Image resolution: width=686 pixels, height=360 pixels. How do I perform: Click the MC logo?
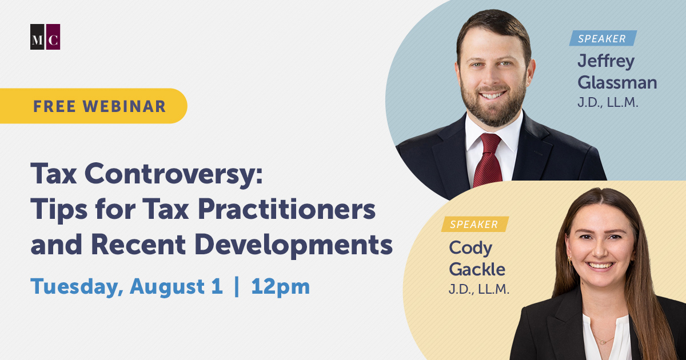click(x=45, y=37)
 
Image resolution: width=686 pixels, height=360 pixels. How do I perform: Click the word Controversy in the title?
click(x=174, y=174)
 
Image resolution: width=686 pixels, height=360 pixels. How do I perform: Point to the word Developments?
click(x=293, y=245)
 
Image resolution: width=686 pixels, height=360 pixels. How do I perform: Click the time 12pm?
click(x=280, y=287)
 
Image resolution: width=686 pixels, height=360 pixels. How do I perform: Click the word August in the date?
click(x=167, y=287)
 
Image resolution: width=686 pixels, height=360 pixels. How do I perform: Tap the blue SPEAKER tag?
click(x=603, y=38)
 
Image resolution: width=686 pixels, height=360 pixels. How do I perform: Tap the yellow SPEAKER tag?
click(x=474, y=224)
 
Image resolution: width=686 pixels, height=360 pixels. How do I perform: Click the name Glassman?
click(x=617, y=83)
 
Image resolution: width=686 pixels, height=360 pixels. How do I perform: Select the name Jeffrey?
click(x=606, y=61)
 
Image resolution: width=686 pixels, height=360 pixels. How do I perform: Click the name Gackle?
click(x=477, y=269)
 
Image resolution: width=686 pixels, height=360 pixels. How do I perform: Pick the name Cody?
click(x=470, y=248)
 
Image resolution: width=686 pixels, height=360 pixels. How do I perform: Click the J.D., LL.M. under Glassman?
click(x=608, y=102)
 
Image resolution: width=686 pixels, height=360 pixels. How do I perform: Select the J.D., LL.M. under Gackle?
click(x=478, y=289)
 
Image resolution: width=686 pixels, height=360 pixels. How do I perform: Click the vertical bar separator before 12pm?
click(x=237, y=286)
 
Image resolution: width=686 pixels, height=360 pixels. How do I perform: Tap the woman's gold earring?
click(x=570, y=261)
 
